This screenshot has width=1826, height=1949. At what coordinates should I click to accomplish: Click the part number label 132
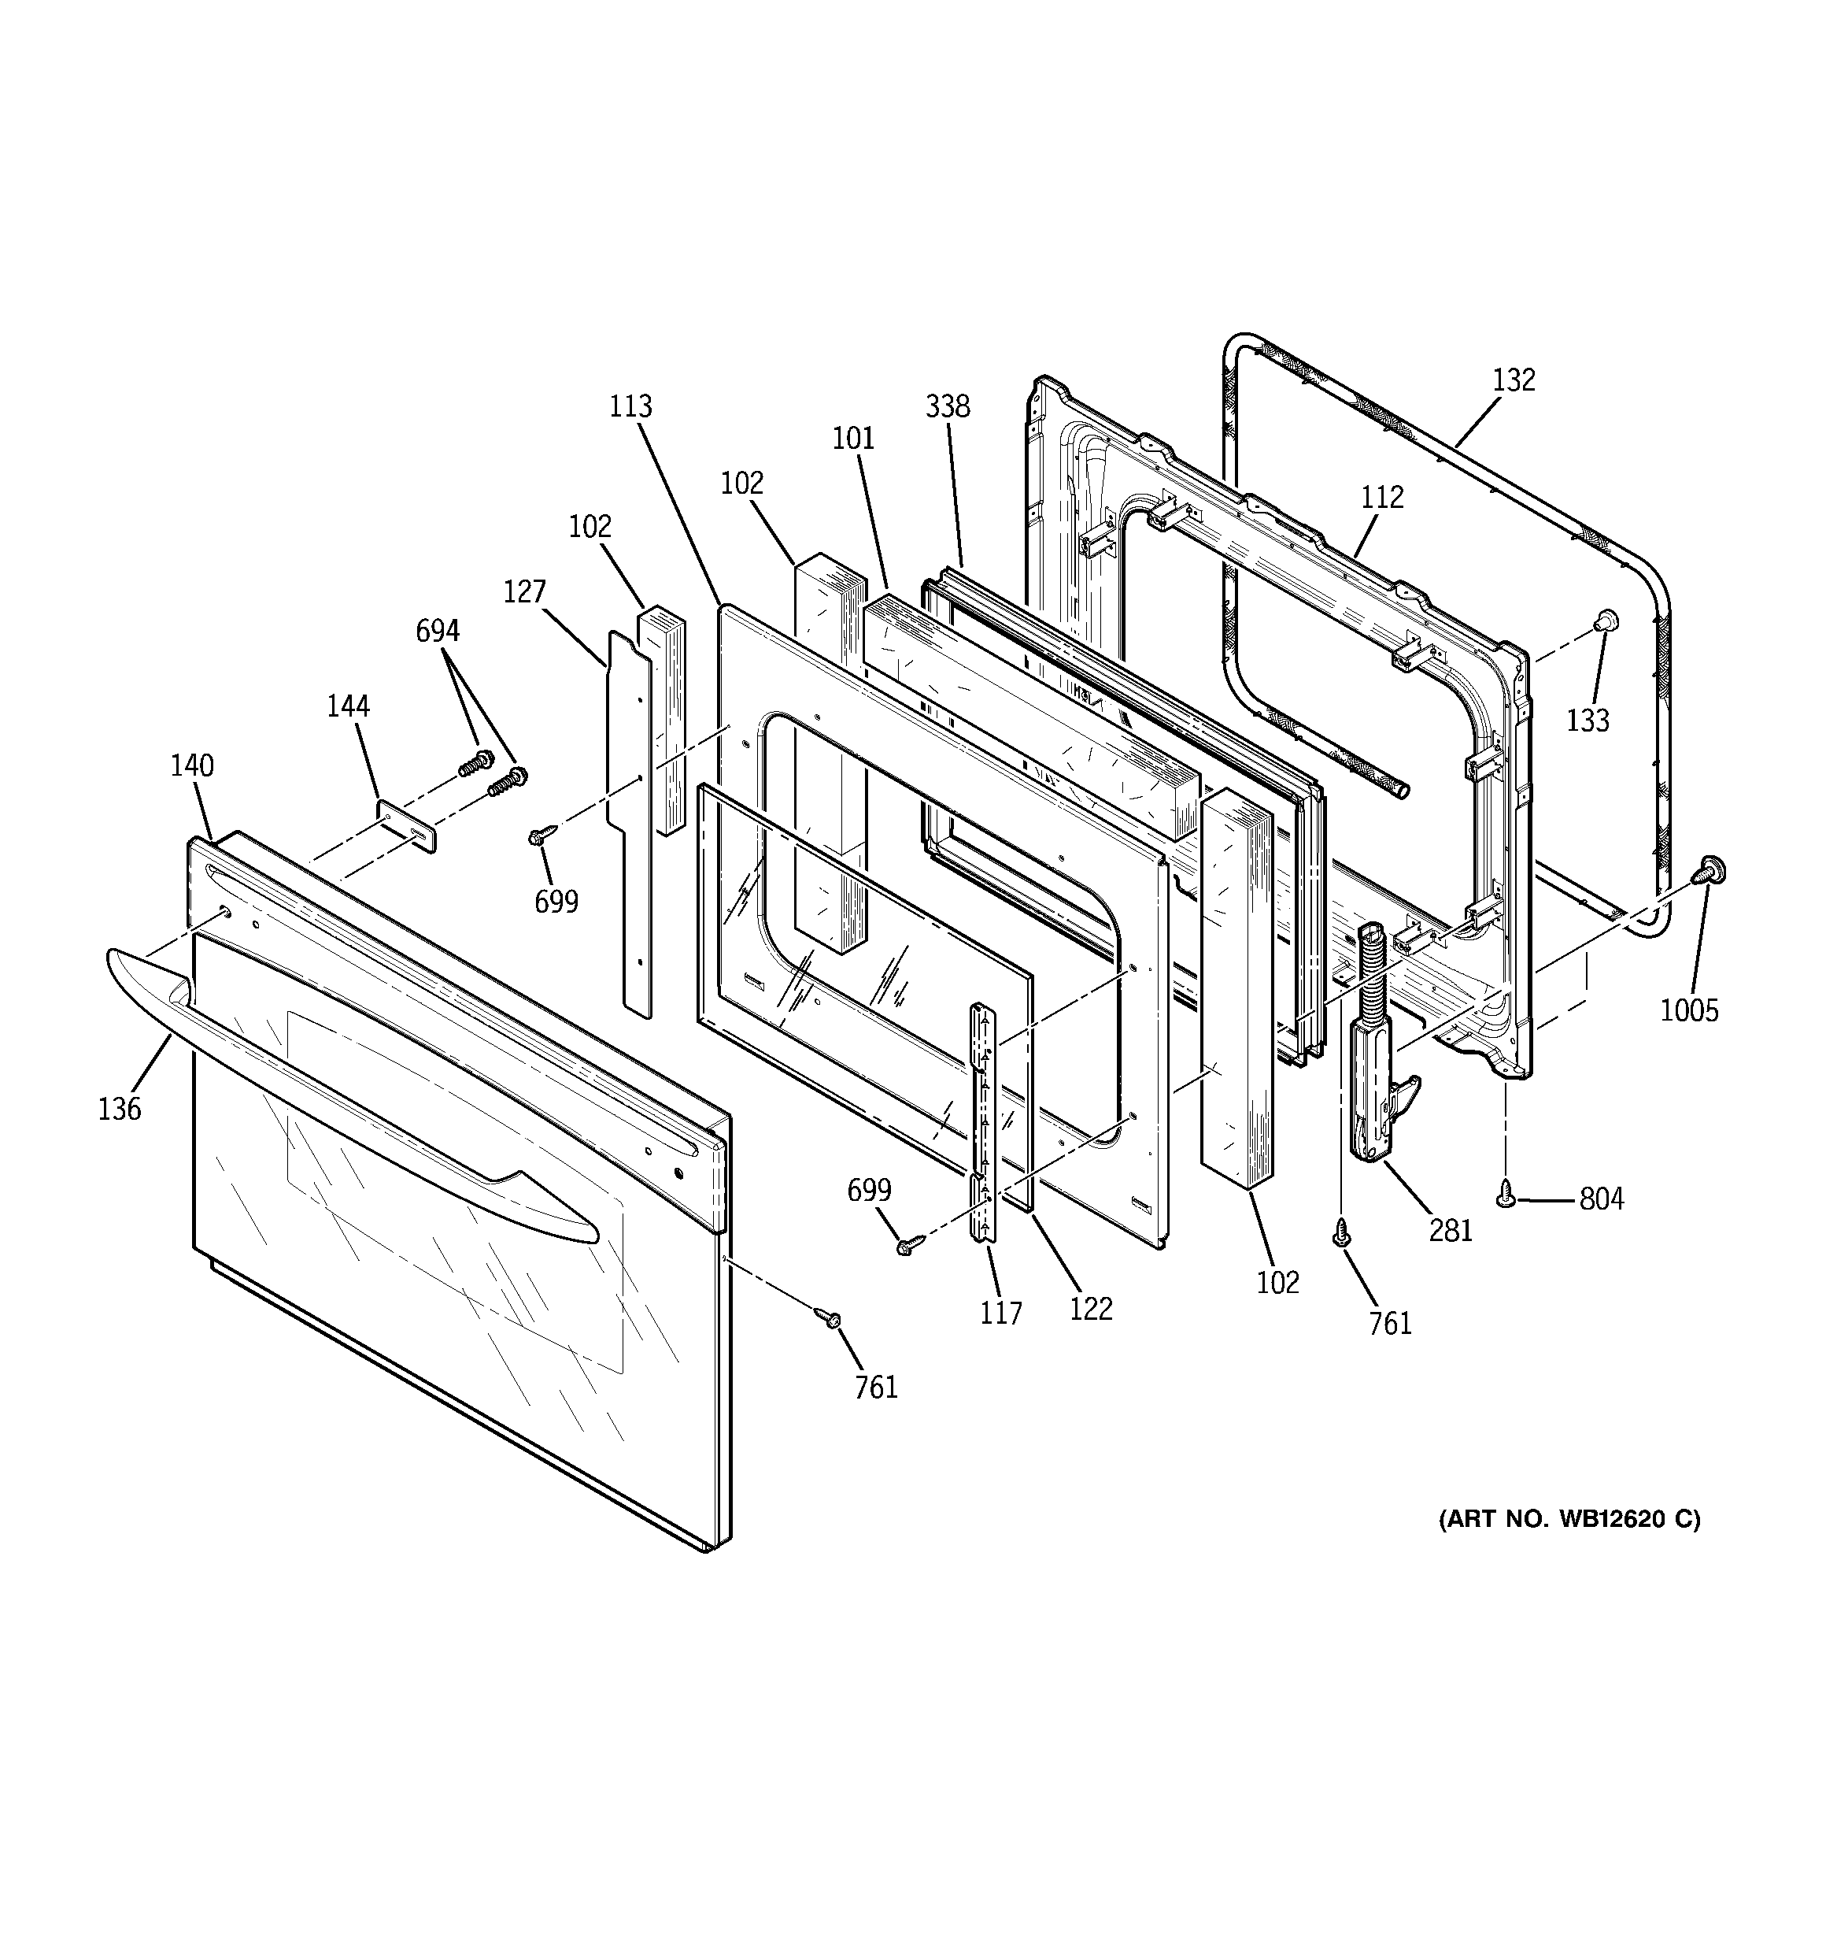point(1514,380)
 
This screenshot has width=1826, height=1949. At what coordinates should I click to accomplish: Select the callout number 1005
point(1689,1011)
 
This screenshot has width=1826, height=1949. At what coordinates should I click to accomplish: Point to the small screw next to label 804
point(1506,1193)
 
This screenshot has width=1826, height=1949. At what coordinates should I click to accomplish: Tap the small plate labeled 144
point(407,825)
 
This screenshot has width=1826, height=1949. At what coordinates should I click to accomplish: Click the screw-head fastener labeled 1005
point(1713,869)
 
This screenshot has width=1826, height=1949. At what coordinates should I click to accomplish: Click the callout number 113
point(630,406)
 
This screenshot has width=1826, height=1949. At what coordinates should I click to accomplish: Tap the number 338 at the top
point(947,407)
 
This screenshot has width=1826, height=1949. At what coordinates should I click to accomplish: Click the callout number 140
point(192,765)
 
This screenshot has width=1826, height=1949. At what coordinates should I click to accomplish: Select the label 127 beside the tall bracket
point(524,592)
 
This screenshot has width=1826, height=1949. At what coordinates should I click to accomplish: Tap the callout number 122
point(1091,1309)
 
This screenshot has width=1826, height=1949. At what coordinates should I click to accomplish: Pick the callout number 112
point(1382,498)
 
